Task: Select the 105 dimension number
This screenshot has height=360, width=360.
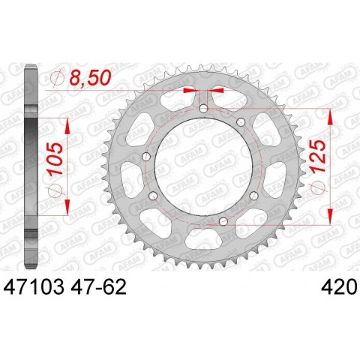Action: (x=55, y=159)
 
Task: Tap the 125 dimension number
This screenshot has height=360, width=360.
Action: (x=318, y=156)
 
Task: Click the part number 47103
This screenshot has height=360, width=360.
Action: (x=34, y=286)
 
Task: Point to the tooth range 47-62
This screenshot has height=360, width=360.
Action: (x=98, y=286)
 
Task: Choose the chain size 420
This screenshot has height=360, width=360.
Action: (x=338, y=286)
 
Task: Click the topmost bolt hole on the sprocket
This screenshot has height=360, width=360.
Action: (x=203, y=109)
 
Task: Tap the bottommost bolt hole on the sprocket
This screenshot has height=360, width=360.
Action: (x=223, y=221)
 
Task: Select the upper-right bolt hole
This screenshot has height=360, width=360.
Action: (x=241, y=122)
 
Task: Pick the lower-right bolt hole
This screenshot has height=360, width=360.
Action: (x=254, y=196)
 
